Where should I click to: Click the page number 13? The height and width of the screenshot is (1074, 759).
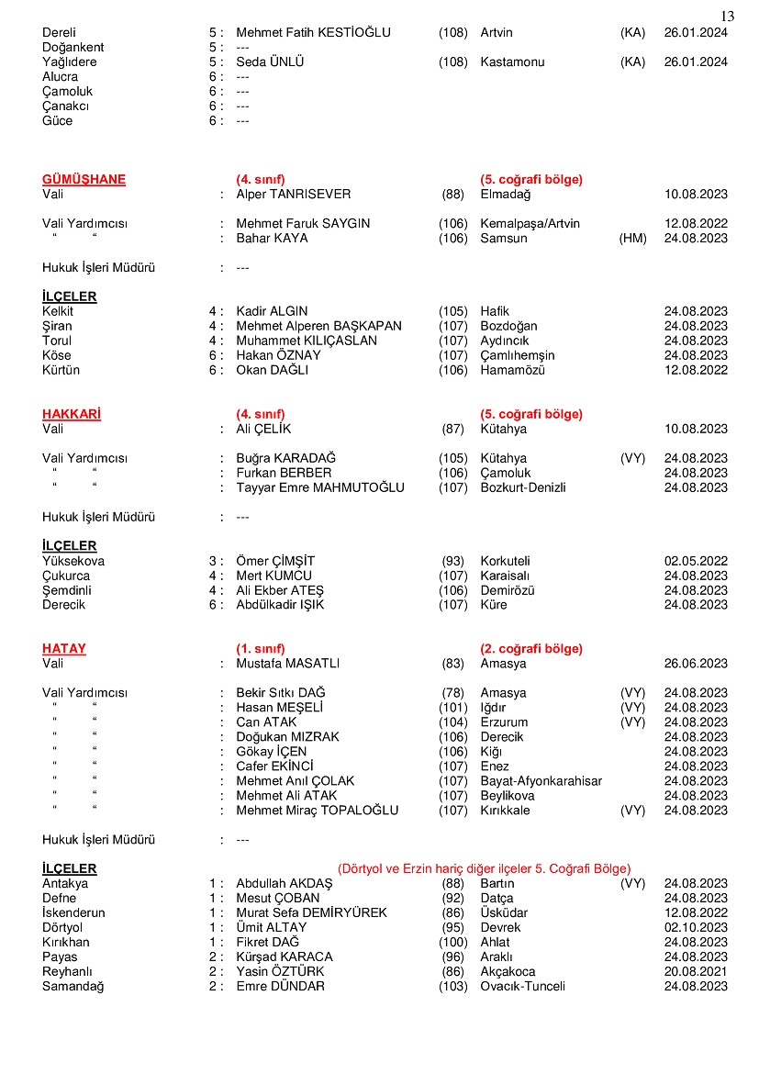(x=727, y=16)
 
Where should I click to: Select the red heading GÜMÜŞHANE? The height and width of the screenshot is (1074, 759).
(x=84, y=180)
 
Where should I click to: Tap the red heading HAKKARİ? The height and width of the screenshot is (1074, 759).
(x=72, y=414)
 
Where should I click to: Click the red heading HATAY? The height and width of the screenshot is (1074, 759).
(x=64, y=649)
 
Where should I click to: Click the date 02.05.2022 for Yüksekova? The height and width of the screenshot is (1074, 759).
(x=696, y=561)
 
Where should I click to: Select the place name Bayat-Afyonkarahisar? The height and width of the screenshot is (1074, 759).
(x=541, y=781)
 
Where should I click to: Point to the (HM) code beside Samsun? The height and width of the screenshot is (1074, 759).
(x=633, y=239)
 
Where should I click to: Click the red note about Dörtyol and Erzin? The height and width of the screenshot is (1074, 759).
(x=484, y=868)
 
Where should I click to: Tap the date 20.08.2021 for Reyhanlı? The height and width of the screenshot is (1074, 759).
(x=696, y=972)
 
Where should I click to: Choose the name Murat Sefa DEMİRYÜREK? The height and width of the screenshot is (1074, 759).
(x=311, y=913)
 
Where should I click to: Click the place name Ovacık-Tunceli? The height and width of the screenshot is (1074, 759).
(x=522, y=987)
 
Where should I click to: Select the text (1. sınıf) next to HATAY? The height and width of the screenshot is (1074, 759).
(x=261, y=649)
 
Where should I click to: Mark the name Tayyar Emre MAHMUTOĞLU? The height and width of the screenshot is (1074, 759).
(x=320, y=487)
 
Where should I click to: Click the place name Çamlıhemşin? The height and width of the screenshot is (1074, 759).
(x=518, y=355)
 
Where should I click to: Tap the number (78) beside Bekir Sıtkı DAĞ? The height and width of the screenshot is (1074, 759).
(x=453, y=693)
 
